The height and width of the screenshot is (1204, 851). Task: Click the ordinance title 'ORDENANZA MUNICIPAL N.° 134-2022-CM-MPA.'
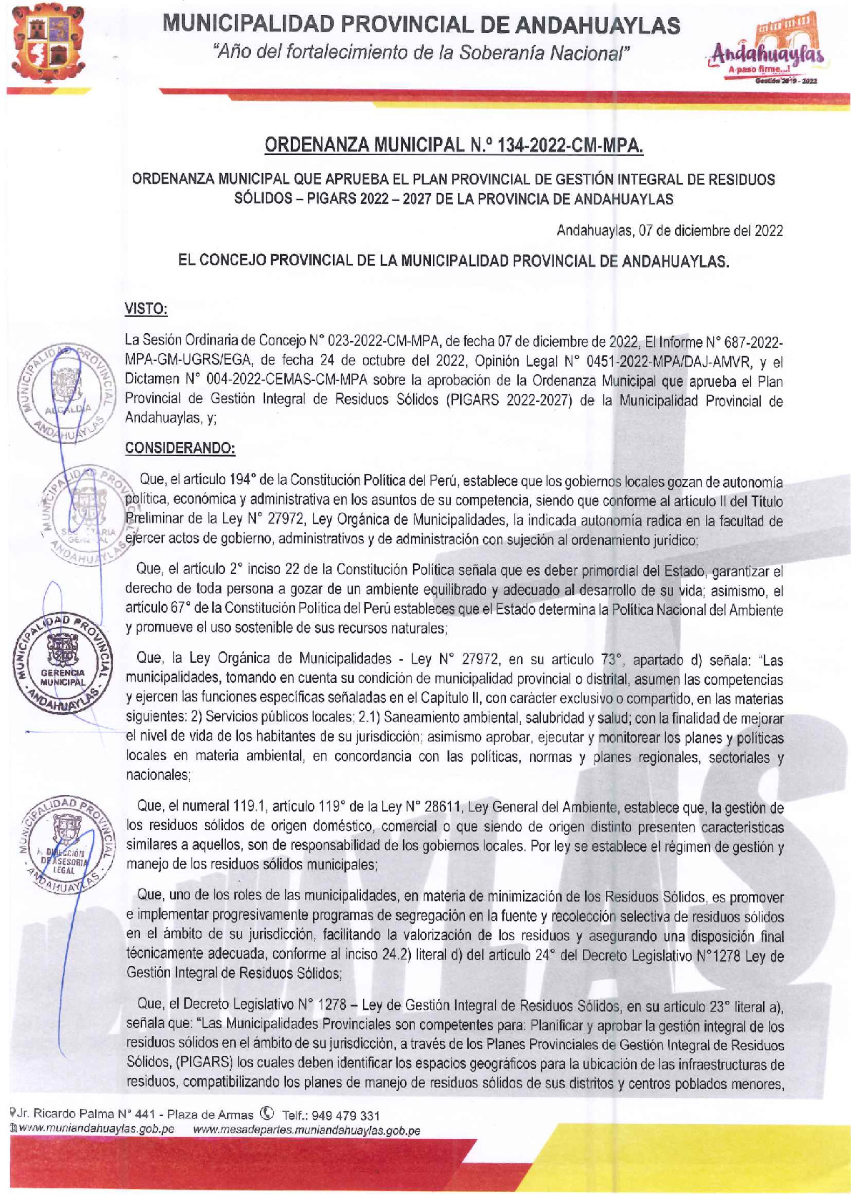pos(454,146)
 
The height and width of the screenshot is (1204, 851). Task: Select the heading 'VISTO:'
pos(146,309)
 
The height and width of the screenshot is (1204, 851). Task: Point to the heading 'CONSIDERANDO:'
pos(180,448)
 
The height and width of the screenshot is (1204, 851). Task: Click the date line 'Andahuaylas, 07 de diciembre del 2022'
pos(670,230)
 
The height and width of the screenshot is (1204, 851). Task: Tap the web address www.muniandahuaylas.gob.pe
pos(96,1130)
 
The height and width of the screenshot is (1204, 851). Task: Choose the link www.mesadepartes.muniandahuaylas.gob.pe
pos(307,1130)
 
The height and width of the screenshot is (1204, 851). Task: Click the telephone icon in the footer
pos(268,1114)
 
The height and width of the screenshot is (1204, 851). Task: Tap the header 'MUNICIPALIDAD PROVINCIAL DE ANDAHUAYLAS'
pos(422,25)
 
